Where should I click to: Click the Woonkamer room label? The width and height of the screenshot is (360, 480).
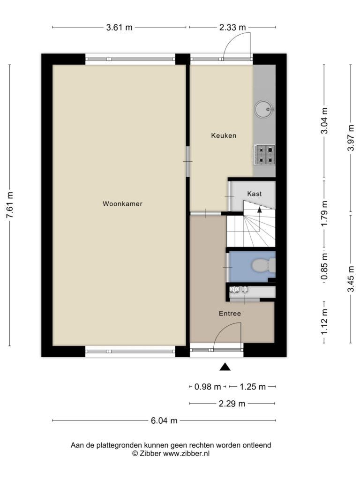click(x=122, y=203)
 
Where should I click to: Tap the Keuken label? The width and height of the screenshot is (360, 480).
click(x=224, y=135)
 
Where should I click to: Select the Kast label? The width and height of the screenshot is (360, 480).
click(x=255, y=194)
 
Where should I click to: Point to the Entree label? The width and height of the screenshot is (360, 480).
click(x=230, y=314)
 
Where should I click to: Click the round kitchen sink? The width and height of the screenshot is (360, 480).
click(x=264, y=109)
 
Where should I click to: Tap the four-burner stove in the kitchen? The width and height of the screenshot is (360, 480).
click(x=264, y=155)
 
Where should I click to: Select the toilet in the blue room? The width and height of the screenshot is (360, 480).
click(x=264, y=265)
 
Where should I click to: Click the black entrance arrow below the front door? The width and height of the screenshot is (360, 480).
click(x=225, y=367)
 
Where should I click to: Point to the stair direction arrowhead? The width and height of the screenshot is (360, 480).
click(x=260, y=210)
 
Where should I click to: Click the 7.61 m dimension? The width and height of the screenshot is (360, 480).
click(x=10, y=205)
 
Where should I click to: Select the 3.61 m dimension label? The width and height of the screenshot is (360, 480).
click(x=120, y=27)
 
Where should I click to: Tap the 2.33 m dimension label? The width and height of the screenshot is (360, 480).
click(x=232, y=27)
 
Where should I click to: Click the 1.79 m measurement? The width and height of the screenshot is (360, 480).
click(x=325, y=213)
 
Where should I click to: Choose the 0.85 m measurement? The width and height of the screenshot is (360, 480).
click(x=325, y=266)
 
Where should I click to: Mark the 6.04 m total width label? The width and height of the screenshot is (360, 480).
click(x=164, y=420)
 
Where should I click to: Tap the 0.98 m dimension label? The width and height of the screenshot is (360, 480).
click(x=208, y=387)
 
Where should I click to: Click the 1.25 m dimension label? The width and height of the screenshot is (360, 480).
click(x=253, y=387)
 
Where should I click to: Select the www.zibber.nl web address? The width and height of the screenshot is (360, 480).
click(x=186, y=454)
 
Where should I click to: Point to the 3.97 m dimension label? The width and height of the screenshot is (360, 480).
click(x=351, y=138)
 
